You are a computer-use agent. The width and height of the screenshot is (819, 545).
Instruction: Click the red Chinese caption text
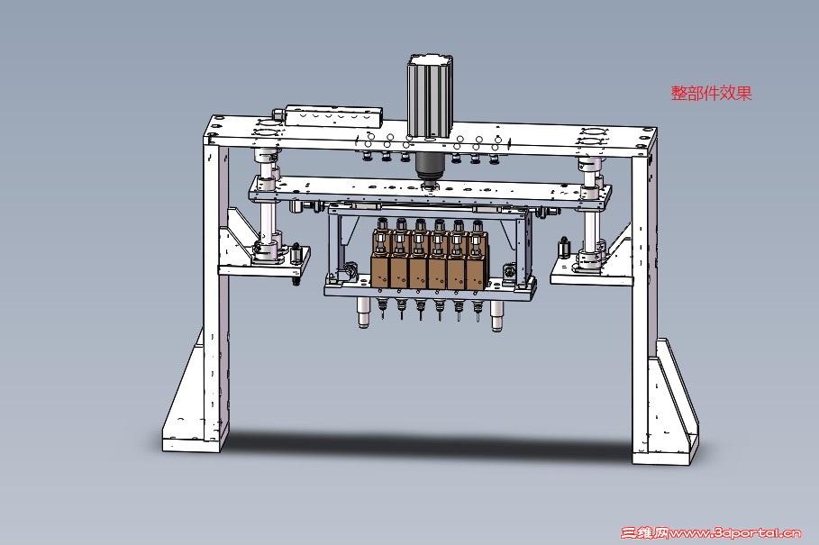coord(712,93)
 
